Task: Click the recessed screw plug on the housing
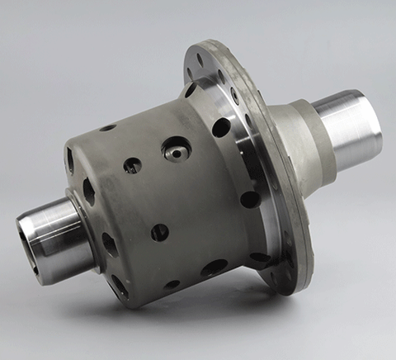pyautogui.click(x=177, y=149)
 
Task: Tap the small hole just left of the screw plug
pyautogui.click(x=132, y=165)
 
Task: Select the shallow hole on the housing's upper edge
pyautogui.click(x=107, y=128)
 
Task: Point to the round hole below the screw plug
pyautogui.click(x=160, y=232)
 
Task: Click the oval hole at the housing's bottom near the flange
pyautogui.click(x=214, y=268)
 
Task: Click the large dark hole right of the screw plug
pyautogui.click(x=221, y=127)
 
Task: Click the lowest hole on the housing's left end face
pyautogui.click(x=119, y=286)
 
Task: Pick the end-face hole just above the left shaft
pyautogui.click(x=88, y=192)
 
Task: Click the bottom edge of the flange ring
pyautogui.click(x=285, y=285)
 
